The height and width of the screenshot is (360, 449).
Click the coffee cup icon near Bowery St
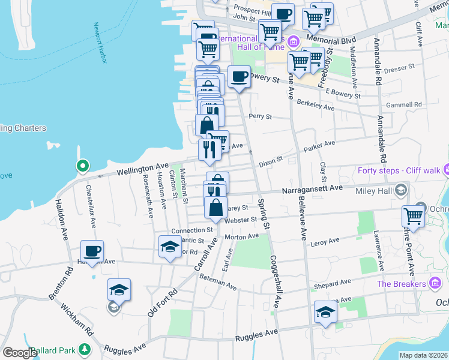pyautogui.click(x=239, y=77)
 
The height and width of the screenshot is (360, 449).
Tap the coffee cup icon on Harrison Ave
pyautogui.click(x=92, y=251)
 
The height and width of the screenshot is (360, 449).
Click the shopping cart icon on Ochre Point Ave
pyautogui.click(x=413, y=216)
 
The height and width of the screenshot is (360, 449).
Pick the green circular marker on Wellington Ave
pyautogui.click(x=82, y=166)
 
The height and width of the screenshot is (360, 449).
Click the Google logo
pyautogui.click(x=20, y=353)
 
